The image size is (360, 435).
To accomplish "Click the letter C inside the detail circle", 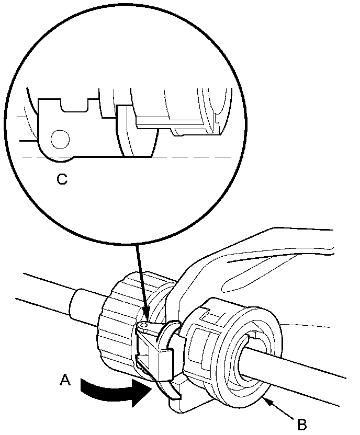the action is [62, 180].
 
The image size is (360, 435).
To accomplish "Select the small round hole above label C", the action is [60, 140].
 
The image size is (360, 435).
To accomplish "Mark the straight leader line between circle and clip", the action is [140, 277].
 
